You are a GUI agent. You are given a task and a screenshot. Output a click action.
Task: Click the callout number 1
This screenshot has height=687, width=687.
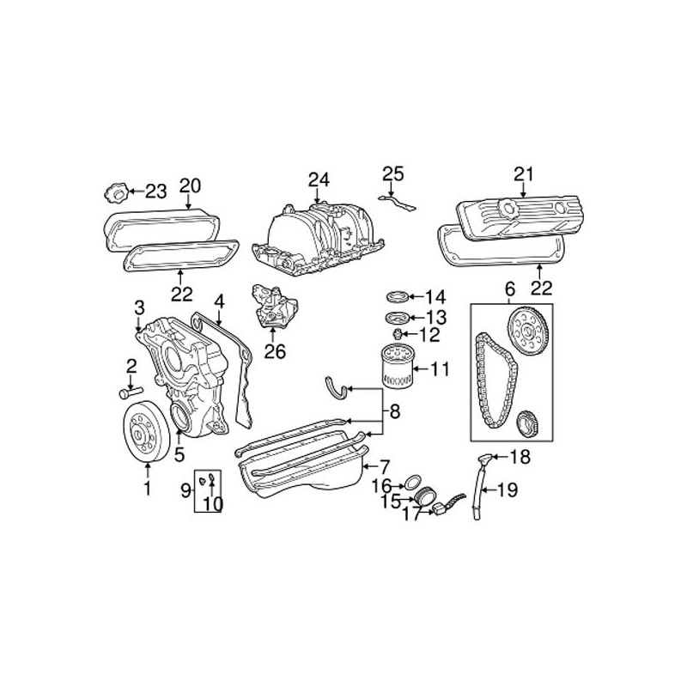(147, 490)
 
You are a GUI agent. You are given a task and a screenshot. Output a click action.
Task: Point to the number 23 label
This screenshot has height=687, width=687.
(155, 191)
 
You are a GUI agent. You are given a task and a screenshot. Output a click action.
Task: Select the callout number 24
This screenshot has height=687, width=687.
(319, 179)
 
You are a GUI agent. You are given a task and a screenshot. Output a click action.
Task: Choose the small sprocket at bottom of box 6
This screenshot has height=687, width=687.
(529, 424)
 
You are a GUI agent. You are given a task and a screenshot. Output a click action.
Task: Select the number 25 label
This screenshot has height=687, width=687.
(392, 174)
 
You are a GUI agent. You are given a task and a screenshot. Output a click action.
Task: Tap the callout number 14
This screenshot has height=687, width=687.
(435, 297)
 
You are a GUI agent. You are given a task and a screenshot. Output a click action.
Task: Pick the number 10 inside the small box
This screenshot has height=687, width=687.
(212, 504)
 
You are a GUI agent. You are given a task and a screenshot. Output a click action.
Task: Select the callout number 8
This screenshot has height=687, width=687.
(394, 412)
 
